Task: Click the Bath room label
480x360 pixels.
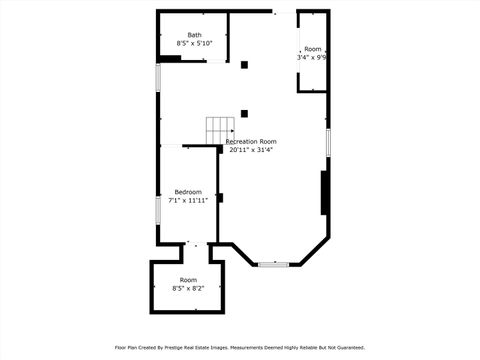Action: pos(194,35)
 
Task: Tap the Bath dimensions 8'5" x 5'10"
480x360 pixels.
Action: pos(194,44)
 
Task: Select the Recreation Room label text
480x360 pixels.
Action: pos(251,142)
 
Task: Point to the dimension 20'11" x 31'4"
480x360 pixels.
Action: pos(251,150)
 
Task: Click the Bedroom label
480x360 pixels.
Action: pos(188,192)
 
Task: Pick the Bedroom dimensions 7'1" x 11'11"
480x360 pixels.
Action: pos(188,200)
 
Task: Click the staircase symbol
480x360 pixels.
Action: pos(220,129)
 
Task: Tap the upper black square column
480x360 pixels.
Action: pos(244,65)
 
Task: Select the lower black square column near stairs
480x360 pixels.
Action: pos(244,114)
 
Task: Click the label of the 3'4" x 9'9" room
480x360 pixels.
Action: pos(313,49)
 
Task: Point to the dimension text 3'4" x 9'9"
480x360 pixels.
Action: pos(313,58)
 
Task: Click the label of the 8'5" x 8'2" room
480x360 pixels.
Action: pos(188,279)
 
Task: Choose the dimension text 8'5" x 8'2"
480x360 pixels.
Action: pos(188,288)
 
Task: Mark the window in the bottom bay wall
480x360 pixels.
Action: pos(273,264)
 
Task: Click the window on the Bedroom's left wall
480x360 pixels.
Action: pos(157,209)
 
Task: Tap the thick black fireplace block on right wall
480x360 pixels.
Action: pos(324,192)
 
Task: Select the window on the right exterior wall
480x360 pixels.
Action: pos(328,141)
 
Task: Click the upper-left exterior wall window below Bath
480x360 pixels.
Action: pos(157,79)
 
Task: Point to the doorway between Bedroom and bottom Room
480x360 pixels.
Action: pos(196,243)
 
